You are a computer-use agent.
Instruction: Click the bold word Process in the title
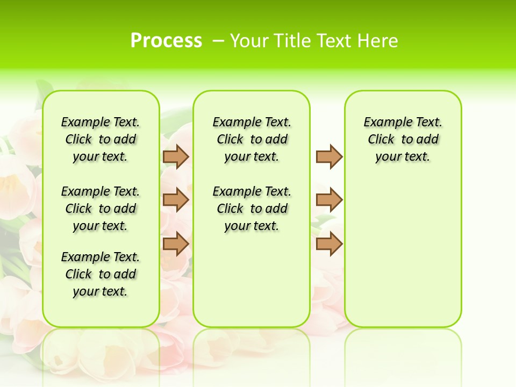click(166, 41)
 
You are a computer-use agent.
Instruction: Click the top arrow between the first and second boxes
click(176, 156)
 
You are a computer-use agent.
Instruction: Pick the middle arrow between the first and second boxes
click(176, 200)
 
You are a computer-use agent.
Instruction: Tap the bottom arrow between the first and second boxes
click(176, 243)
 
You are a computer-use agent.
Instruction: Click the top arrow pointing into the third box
click(329, 156)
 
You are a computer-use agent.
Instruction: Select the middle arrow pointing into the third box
click(329, 200)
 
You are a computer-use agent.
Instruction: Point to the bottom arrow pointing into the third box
click(329, 243)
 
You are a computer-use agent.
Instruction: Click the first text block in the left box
click(101, 139)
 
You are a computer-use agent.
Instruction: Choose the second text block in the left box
click(101, 209)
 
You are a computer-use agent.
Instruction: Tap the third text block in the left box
click(101, 274)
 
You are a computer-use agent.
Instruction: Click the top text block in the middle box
click(252, 139)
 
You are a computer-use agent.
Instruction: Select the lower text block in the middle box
click(252, 209)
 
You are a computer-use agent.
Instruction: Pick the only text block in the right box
click(403, 139)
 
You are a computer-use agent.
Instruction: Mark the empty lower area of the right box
click(403, 253)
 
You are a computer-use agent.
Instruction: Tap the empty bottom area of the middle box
click(252, 285)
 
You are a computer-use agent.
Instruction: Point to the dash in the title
click(218, 41)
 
